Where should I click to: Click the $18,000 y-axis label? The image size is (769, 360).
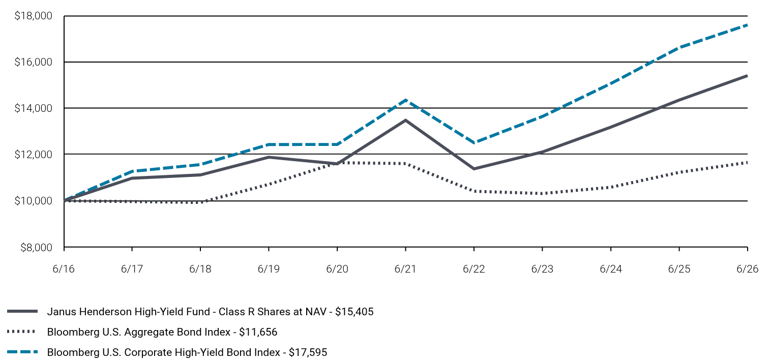tap(33, 16)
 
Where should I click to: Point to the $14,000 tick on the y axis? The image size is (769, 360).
tap(33, 108)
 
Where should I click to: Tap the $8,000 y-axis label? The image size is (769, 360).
tap(37, 247)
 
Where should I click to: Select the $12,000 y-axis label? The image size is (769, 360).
tap(33, 155)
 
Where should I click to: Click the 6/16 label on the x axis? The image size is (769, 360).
tap(64, 268)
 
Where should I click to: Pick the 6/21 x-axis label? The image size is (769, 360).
tap(405, 268)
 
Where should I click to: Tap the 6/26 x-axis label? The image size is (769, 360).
tap(747, 268)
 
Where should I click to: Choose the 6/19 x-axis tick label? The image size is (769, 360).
tap(269, 268)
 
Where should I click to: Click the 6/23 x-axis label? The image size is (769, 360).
tap(542, 268)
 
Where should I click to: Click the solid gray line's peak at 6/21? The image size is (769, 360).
tap(405, 120)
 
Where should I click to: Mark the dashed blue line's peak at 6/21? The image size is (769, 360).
tap(405, 100)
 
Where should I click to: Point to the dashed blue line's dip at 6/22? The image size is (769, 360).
tap(474, 142)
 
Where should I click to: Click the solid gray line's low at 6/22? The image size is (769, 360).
tap(474, 169)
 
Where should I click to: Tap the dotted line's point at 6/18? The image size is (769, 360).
tap(200, 202)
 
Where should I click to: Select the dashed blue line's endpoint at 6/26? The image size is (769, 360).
tap(747, 25)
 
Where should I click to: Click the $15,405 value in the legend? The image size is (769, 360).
tap(354, 312)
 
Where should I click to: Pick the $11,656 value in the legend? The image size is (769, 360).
tap(258, 332)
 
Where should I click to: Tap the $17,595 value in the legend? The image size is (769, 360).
tap(308, 352)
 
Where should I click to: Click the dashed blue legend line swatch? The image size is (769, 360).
tap(22, 352)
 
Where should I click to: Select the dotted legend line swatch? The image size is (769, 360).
tap(21, 332)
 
